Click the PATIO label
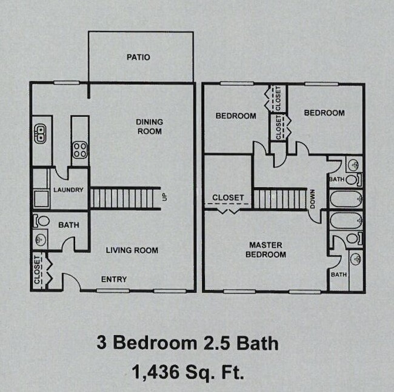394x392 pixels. pos(138,58)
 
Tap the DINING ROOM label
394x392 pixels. pos(149,126)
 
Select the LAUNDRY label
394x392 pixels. pos(68,190)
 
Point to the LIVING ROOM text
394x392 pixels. pos(132,250)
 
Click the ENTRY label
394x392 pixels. pos(114,279)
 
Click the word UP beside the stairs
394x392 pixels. pos(164,198)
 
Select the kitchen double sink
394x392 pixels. pos(41,133)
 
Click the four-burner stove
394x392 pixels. pos(79,149)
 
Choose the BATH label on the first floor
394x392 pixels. pos(68,225)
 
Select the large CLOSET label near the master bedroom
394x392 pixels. pos(228,198)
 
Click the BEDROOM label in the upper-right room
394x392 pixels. pos(324,113)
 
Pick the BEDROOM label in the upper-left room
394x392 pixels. pos(236,116)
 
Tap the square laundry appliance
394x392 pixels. pos(41,199)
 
